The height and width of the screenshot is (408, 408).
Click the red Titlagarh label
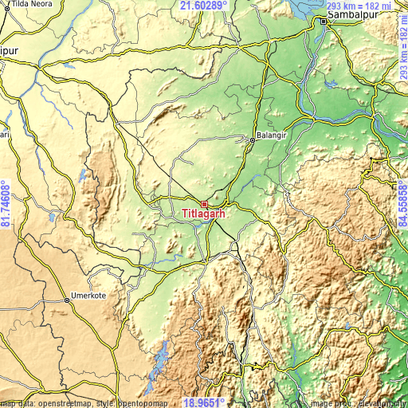click(204, 214)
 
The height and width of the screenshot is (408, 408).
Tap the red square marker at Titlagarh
click(204, 204)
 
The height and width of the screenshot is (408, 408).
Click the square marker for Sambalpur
click(324, 22)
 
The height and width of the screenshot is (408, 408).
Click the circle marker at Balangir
click(253, 139)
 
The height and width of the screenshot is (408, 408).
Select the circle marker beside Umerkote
click(66, 300)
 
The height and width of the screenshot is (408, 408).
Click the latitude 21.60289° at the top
click(203, 6)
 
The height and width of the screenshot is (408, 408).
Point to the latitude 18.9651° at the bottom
click(203, 402)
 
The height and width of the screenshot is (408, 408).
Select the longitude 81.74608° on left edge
click(6, 204)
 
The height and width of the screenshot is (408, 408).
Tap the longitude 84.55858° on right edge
click(402, 204)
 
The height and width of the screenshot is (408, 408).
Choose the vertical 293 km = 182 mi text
click(402, 53)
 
